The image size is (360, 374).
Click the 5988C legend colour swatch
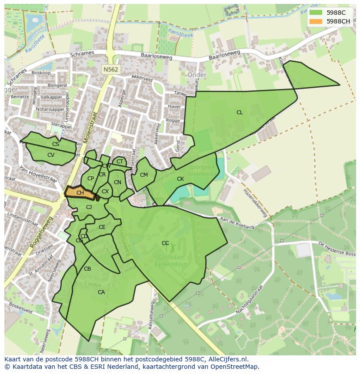point(316,13)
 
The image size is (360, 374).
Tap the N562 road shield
point(111,69)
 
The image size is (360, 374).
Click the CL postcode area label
point(240,113)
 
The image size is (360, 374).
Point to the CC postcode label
point(165,243)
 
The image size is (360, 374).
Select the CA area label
point(101,292)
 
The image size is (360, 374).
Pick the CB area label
point(87,269)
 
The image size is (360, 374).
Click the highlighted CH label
point(80,193)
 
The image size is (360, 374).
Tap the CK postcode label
point(180,179)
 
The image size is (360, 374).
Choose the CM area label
point(144,175)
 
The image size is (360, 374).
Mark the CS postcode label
point(56,144)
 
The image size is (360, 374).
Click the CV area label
point(51,155)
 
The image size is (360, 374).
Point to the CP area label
point(90,179)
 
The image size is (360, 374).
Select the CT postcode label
point(120,162)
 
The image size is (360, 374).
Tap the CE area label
point(102,227)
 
